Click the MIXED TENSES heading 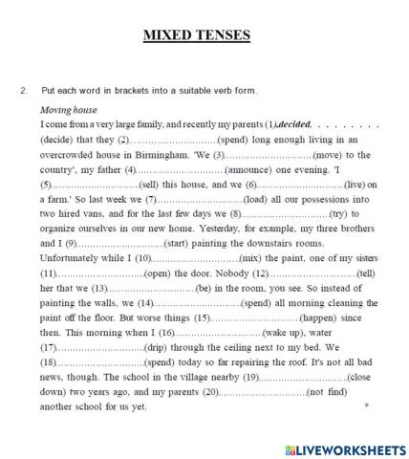tap(196, 36)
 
